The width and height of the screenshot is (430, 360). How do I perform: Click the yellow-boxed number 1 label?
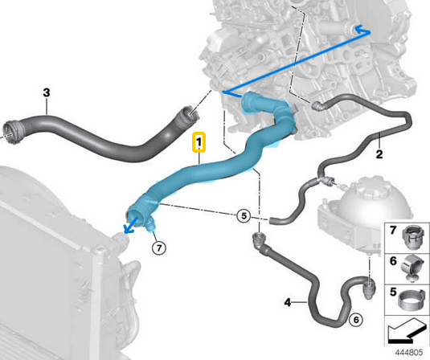(x=199, y=142)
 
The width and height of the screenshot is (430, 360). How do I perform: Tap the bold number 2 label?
(x=379, y=153)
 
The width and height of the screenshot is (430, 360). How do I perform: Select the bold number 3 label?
(x=47, y=92)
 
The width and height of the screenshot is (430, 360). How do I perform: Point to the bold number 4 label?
(x=288, y=302)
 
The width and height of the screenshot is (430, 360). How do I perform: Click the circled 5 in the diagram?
(x=244, y=216)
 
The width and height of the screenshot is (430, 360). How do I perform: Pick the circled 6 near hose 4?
(x=356, y=320)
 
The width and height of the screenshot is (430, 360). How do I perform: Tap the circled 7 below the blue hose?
(x=159, y=248)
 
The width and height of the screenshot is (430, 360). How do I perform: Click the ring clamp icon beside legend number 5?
(x=410, y=301)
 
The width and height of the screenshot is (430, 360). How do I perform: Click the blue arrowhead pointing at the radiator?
(x=129, y=229)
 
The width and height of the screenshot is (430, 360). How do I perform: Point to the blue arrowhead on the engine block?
(x=362, y=30)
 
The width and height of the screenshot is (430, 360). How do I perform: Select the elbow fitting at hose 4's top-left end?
(x=258, y=240)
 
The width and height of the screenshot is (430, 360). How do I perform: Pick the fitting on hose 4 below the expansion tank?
(x=369, y=288)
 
